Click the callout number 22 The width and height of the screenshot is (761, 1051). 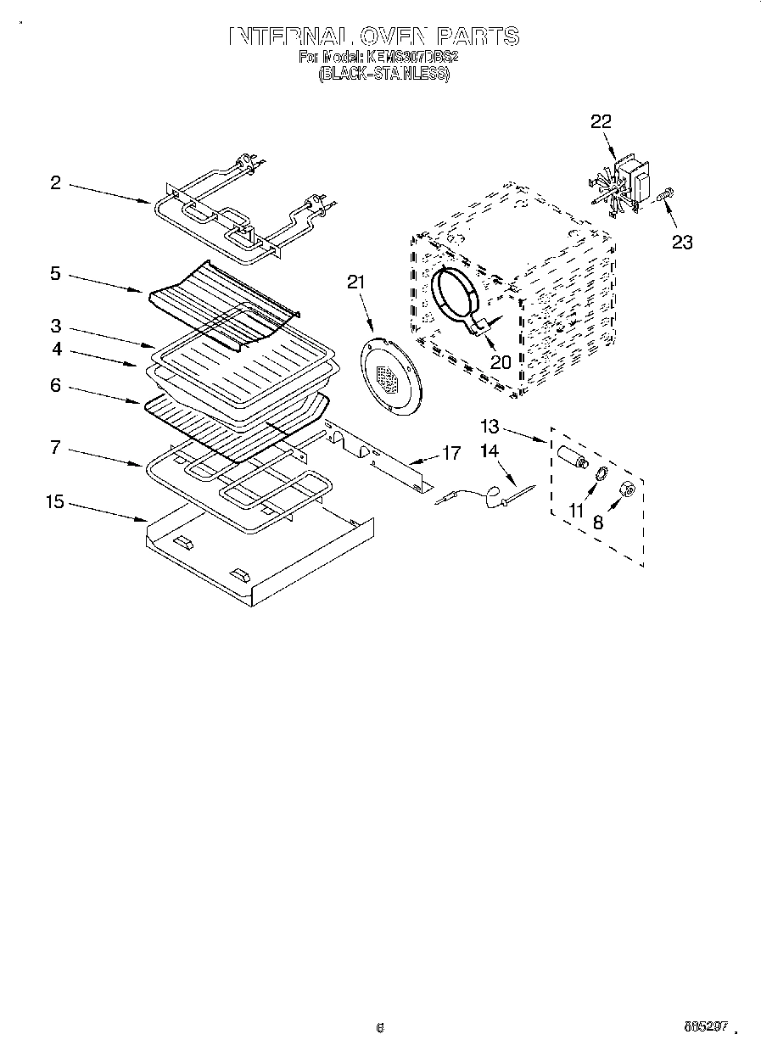[x=600, y=122]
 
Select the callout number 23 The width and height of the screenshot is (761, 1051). [x=682, y=243]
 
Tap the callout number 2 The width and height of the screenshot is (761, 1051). [x=55, y=182]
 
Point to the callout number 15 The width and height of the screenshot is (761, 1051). [x=54, y=502]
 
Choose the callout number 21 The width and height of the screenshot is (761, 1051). [x=355, y=282]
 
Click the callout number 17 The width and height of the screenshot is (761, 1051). [x=452, y=454]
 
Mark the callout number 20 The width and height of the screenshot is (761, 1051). [x=501, y=361]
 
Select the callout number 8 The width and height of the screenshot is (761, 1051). [x=598, y=523]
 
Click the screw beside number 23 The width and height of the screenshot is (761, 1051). [x=663, y=195]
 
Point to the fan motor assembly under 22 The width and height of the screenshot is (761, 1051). [x=625, y=185]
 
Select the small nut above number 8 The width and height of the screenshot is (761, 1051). [x=629, y=489]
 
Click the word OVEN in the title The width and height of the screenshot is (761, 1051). [x=393, y=36]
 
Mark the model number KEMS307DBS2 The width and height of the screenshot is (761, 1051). [x=412, y=57]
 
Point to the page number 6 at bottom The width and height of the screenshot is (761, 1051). [x=380, y=1028]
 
